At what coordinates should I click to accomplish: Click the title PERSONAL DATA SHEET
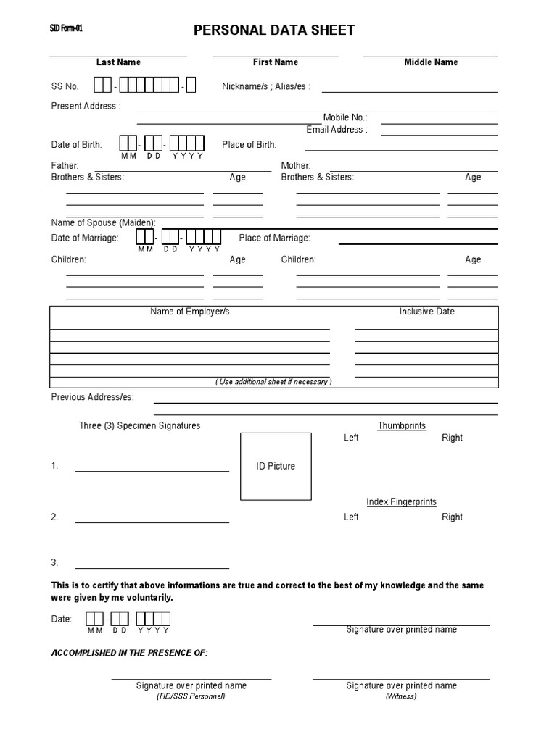click(273, 30)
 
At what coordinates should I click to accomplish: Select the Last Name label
click(118, 62)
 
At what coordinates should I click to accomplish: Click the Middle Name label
click(431, 62)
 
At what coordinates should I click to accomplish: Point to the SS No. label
click(65, 86)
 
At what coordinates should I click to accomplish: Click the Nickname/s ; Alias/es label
click(266, 86)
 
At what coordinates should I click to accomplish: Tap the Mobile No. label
click(345, 117)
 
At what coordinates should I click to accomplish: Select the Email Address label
click(337, 130)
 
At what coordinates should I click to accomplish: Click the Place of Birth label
click(249, 145)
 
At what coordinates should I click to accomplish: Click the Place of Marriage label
click(274, 238)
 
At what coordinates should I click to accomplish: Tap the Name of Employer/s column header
click(190, 312)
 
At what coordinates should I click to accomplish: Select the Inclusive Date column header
click(427, 312)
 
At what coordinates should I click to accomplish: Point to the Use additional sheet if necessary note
click(273, 382)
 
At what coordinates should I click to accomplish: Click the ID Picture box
click(276, 466)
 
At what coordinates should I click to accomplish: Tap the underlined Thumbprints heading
click(402, 426)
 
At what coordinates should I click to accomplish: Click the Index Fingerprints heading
click(402, 502)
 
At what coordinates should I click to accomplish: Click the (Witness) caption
click(402, 696)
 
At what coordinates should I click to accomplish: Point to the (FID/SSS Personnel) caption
click(191, 696)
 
